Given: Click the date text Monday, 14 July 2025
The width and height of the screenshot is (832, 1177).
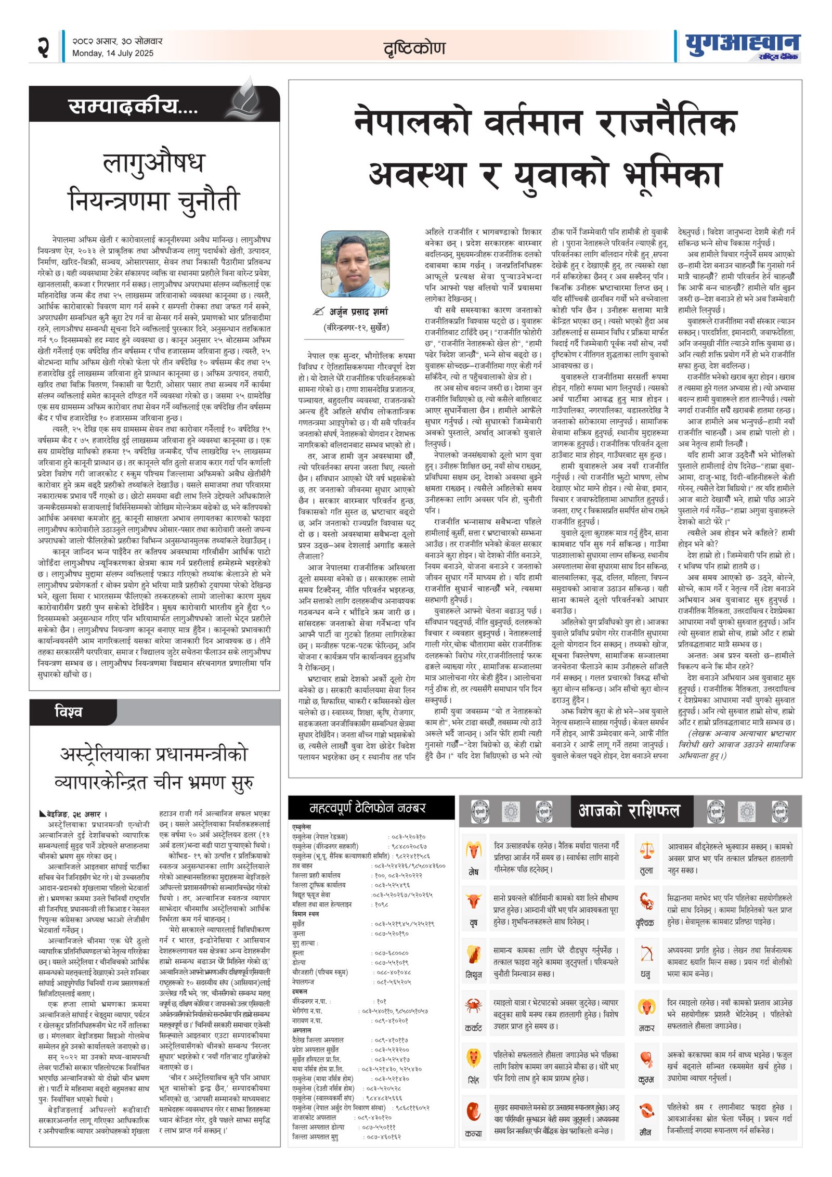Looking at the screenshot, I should (x=113, y=53).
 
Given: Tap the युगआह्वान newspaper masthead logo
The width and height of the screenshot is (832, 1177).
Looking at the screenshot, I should (x=742, y=47).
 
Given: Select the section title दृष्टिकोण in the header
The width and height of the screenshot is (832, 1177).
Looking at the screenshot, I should (x=414, y=48).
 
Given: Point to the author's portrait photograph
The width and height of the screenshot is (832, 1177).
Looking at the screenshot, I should (x=355, y=264).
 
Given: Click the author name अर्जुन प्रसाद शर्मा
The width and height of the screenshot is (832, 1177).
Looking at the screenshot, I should (x=359, y=312).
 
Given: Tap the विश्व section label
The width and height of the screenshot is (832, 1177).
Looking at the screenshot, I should (x=68, y=711).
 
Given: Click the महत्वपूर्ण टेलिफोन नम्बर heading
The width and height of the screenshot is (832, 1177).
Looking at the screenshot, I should (x=368, y=808).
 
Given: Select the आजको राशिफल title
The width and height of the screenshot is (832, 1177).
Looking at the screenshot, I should (x=629, y=810).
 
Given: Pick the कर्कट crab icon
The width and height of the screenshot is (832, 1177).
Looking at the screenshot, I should (x=473, y=1005).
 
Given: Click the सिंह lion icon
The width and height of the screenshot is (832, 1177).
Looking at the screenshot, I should (x=473, y=1058).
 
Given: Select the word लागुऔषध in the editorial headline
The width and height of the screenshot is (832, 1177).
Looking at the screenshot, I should (x=154, y=163).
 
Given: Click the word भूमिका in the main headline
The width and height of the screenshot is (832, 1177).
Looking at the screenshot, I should (x=671, y=175).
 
